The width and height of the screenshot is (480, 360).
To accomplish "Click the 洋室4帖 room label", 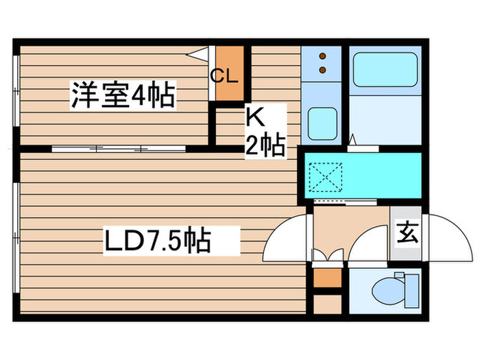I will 122,95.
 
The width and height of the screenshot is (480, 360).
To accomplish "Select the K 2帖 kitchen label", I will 265,132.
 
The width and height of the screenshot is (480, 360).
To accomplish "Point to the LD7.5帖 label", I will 157,241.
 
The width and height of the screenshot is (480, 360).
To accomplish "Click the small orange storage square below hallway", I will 326,278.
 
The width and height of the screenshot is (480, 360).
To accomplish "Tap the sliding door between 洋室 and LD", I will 121,147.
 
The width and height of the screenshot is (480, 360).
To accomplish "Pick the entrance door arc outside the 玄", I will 446,237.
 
